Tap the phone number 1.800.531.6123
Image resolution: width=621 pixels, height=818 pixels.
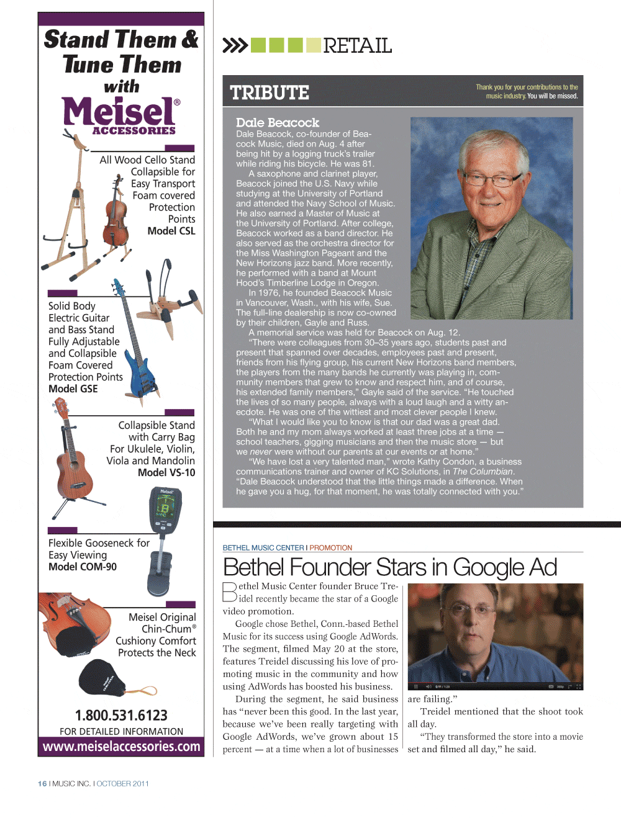coord(121,715)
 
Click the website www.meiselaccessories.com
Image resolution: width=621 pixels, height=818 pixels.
coord(121,747)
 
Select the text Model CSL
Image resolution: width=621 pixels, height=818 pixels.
coord(171,231)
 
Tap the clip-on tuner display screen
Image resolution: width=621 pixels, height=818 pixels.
coord(165,509)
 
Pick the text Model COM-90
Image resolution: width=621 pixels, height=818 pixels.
coord(83,567)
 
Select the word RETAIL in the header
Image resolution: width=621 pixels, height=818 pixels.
coord(357,46)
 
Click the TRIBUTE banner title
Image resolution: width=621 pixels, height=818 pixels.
coord(270,92)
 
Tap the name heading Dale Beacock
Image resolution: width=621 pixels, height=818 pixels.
coord(278,123)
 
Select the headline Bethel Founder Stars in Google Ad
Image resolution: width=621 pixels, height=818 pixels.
coord(390,567)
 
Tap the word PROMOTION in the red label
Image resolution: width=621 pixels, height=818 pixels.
coord(331,548)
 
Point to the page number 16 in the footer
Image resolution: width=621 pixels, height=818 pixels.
coord(42,784)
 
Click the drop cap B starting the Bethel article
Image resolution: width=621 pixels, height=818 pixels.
coord(229,591)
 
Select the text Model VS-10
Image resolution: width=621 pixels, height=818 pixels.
coord(166,472)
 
